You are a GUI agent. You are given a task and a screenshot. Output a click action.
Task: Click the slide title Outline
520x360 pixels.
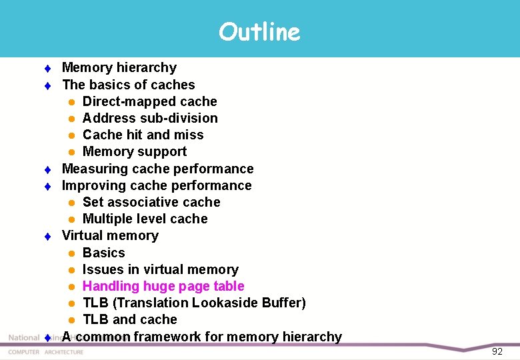click(x=259, y=31)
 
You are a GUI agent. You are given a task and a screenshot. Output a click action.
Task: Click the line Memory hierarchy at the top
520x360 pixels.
click(x=119, y=67)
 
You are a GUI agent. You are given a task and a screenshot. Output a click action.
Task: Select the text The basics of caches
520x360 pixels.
click(x=128, y=85)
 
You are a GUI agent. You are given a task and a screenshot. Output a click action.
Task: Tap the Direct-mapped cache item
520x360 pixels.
click(x=149, y=101)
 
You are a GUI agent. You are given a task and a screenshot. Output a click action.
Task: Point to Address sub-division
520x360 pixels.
click(x=150, y=118)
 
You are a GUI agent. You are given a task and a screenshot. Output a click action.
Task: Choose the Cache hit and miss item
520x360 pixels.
click(x=143, y=135)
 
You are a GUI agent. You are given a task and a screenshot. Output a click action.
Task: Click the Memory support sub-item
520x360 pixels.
click(x=134, y=151)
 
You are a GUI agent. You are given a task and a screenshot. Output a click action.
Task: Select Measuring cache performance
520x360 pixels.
click(x=157, y=169)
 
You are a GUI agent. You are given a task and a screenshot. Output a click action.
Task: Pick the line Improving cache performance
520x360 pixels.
click(x=157, y=185)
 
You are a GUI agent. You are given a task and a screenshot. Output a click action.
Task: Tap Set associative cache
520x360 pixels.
click(x=151, y=202)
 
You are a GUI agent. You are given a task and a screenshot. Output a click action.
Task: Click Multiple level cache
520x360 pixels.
click(x=145, y=219)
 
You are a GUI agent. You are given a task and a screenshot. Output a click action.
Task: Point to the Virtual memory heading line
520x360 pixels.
click(x=110, y=235)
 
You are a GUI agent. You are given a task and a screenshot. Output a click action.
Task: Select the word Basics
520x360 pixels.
click(x=103, y=253)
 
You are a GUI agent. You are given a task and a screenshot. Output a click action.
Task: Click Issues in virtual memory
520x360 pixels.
click(x=160, y=269)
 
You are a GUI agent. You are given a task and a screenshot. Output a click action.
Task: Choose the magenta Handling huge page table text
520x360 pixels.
click(x=163, y=286)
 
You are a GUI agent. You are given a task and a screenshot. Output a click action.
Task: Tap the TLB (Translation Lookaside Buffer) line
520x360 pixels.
click(x=194, y=303)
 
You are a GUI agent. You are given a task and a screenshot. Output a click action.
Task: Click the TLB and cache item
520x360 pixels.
click(x=129, y=319)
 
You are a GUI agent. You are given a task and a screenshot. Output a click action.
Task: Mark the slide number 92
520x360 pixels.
click(x=497, y=351)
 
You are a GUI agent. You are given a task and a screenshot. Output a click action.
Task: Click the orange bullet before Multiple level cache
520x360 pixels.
click(x=71, y=219)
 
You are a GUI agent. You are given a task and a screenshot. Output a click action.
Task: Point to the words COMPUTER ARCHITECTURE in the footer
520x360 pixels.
click(x=45, y=352)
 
